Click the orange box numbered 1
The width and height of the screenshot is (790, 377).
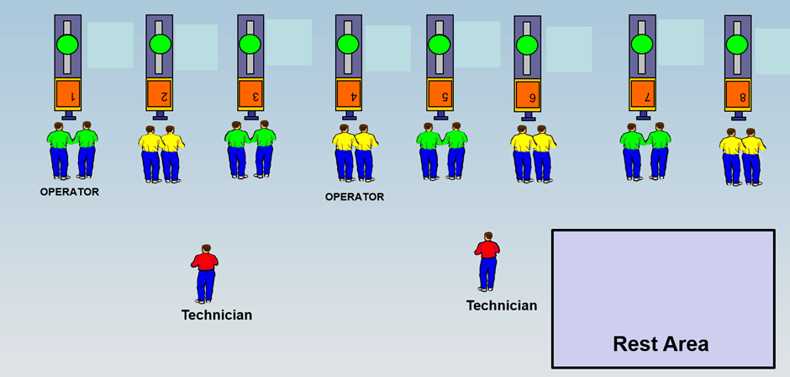68,94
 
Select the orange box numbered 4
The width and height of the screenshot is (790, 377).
348,94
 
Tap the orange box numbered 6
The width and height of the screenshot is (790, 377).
528,96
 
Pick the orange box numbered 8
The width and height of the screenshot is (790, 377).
738,95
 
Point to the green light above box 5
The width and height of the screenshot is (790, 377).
440,44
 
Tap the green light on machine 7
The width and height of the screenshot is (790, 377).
642,44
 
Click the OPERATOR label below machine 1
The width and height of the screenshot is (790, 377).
70,192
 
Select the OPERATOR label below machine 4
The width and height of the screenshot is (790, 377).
355,197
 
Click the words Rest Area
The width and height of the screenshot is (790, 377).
661,344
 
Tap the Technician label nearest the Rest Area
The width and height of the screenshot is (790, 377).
502,305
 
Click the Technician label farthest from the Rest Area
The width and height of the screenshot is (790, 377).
217,315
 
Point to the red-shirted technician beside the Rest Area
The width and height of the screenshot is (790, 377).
487,262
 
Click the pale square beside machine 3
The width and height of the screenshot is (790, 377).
288,42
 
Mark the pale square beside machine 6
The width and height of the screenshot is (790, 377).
569,49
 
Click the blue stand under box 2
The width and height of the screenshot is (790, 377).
161,115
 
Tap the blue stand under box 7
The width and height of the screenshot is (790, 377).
643,115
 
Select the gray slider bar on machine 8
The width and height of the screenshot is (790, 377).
738,47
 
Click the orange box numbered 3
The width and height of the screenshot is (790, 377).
250,94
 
